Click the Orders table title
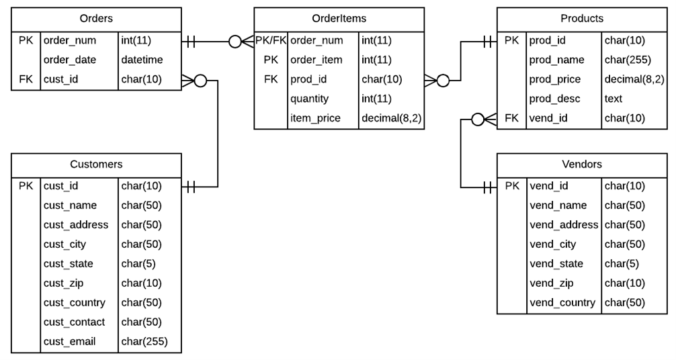coord(96,18)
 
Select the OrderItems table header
coord(339,18)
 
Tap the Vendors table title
coord(581,164)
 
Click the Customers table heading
coord(96,164)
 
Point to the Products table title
coord(581,18)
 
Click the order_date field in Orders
coord(69,60)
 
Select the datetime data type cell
coord(142,60)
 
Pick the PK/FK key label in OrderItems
coord(271,40)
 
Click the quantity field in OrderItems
coord(309,99)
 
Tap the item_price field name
coord(315,118)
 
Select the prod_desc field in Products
coord(554,99)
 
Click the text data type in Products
coord(613,99)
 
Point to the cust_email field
coord(69,341)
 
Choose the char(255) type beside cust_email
coord(144,341)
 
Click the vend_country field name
coord(562,302)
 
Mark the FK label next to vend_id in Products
coord(511,118)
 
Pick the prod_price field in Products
coord(556,79)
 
